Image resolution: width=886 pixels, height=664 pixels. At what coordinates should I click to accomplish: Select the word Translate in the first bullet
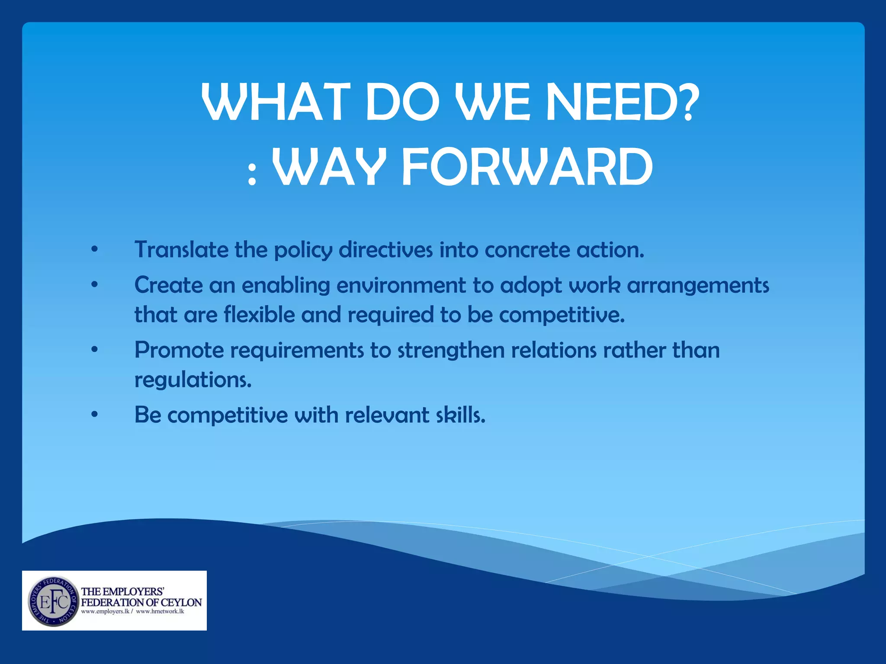pyautogui.click(x=181, y=250)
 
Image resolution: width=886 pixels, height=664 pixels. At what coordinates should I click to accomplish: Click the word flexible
pyautogui.click(x=260, y=314)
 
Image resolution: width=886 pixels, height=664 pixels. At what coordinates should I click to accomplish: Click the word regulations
pyautogui.click(x=193, y=380)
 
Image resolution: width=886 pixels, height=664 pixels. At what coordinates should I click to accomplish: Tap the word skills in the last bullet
pyautogui.click(x=460, y=415)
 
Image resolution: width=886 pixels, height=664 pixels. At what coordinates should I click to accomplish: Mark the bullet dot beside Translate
pyautogui.click(x=95, y=249)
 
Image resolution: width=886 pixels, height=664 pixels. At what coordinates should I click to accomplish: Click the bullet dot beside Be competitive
pyautogui.click(x=95, y=415)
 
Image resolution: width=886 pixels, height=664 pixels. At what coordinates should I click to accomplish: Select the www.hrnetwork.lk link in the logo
pyautogui.click(x=160, y=612)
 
